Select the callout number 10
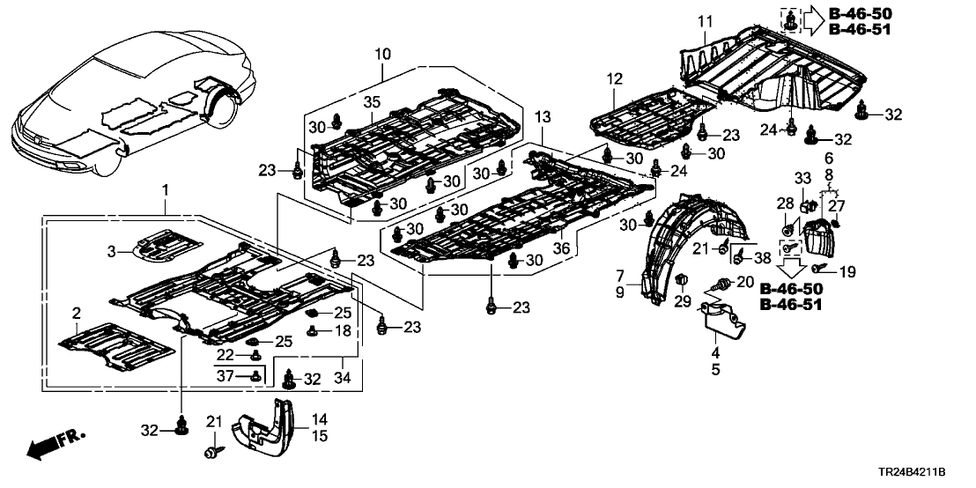point(381,55)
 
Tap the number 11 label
point(704,20)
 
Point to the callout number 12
point(614,79)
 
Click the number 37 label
point(226,376)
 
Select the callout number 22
point(225,354)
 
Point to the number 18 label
point(343,330)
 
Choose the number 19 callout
point(847,273)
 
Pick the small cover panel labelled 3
point(167,244)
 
